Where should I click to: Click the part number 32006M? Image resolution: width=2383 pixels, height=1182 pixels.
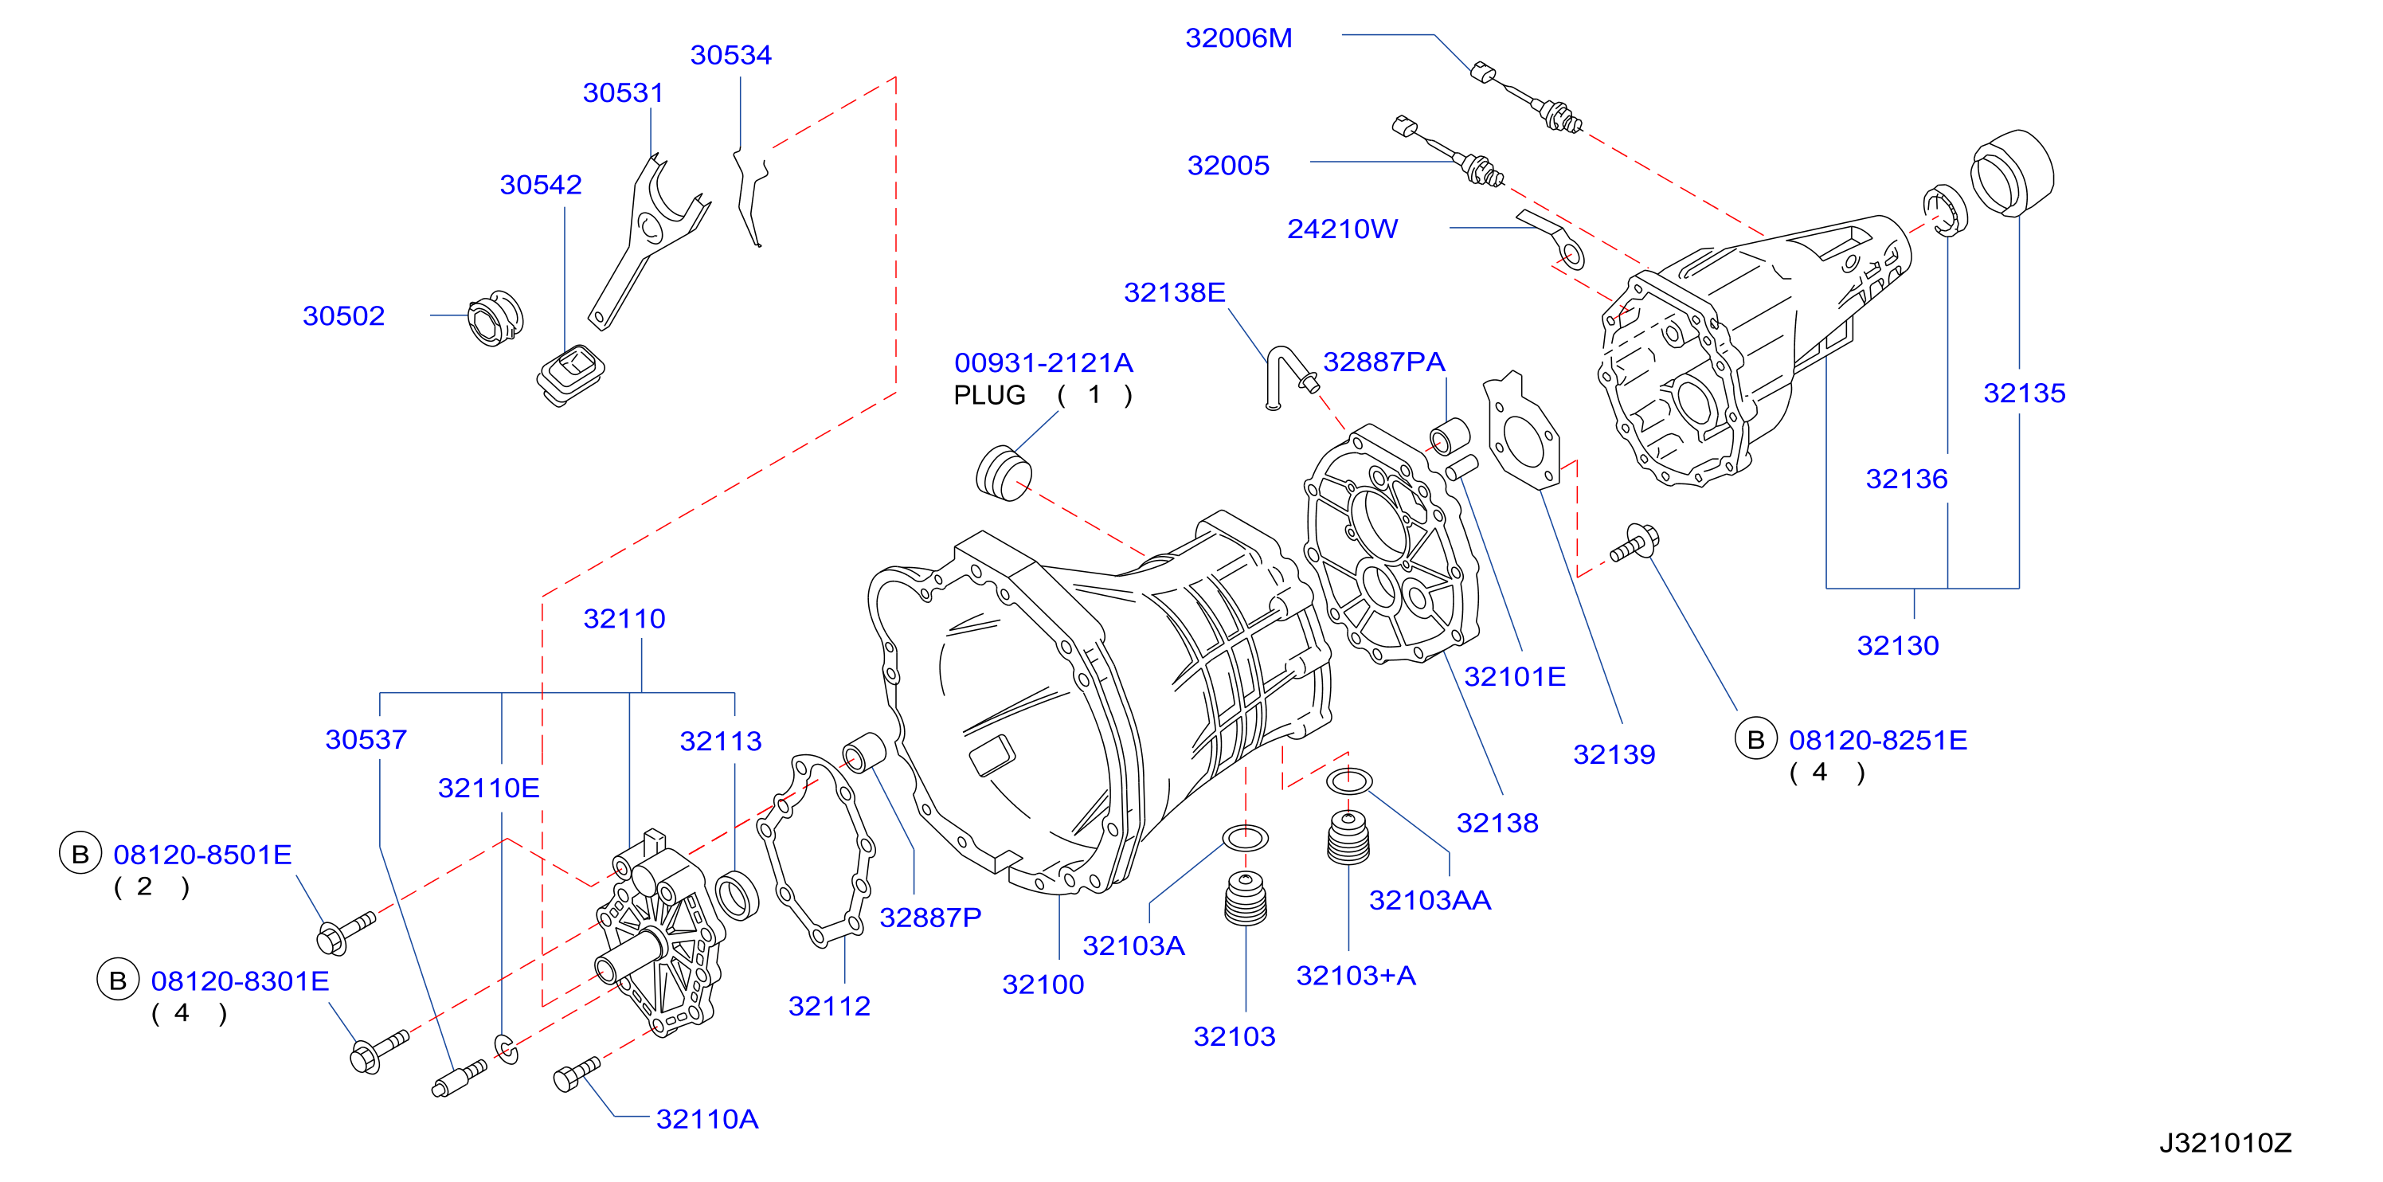1238,38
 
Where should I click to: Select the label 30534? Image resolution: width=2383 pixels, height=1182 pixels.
731,55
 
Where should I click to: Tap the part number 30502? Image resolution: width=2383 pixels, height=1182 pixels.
343,315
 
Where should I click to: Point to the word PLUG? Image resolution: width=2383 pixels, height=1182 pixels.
989,395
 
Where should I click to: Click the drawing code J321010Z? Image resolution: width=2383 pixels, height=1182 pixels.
2225,1143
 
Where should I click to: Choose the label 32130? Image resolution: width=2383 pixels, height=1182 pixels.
1897,646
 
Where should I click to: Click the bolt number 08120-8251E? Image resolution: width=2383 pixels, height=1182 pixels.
1878,740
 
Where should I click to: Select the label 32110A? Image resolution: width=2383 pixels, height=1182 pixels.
706,1119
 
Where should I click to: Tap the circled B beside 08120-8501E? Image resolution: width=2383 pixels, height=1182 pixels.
80,854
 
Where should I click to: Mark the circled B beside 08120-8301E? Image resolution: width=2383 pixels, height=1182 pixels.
118,980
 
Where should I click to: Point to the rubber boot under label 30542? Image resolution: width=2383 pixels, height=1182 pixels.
569,374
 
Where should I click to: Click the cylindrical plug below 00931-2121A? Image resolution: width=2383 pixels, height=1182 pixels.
1003,472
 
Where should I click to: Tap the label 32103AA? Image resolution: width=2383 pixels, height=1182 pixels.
1430,900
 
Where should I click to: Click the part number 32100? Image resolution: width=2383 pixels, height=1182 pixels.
1043,984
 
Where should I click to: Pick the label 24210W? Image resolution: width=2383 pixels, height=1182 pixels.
1342,229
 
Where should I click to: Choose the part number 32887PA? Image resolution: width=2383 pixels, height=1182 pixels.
1384,362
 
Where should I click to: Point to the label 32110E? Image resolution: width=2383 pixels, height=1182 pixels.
488,788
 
